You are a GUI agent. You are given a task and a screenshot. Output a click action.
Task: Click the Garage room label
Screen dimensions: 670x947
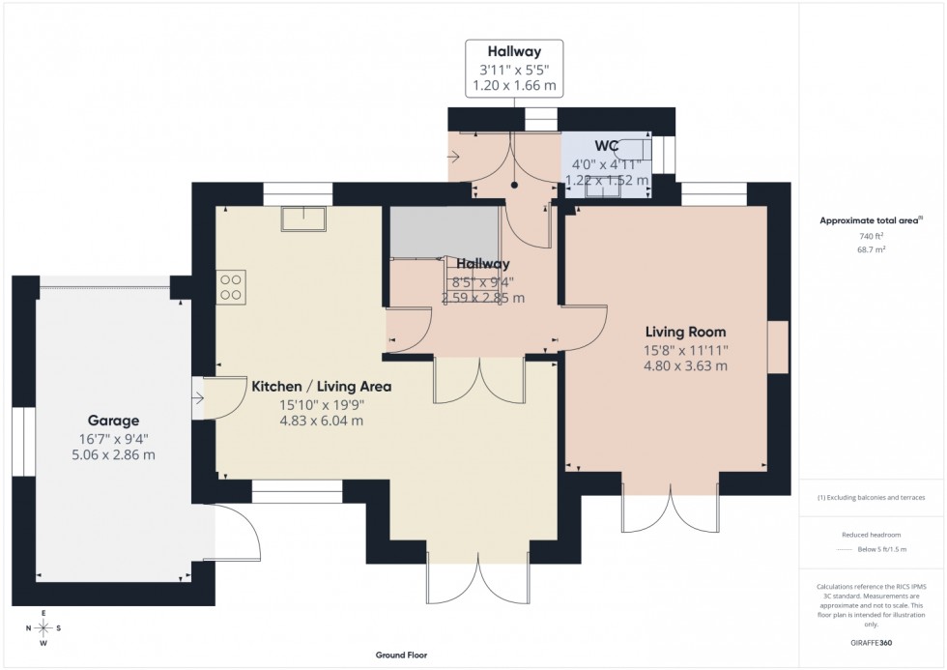[x=114, y=421]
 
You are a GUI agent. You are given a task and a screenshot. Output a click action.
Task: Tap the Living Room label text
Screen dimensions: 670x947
[x=686, y=332]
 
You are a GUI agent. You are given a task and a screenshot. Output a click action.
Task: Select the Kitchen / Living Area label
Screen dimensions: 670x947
[x=322, y=386]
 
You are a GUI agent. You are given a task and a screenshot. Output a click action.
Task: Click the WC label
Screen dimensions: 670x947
[x=606, y=146]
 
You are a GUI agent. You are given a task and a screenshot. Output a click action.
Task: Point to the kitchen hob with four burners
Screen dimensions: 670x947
[x=232, y=287]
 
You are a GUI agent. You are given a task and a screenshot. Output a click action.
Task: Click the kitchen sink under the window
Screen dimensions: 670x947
[x=303, y=218]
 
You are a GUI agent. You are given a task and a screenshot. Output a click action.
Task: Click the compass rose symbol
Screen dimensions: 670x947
[x=43, y=627]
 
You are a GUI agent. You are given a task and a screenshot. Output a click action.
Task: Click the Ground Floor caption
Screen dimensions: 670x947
[x=401, y=655]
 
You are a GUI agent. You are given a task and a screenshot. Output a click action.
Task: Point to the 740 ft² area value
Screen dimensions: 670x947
[x=872, y=236]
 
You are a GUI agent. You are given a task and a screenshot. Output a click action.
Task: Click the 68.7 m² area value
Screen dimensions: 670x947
[x=872, y=248]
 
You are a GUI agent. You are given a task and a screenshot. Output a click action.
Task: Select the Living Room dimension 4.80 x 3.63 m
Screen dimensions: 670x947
[x=686, y=365]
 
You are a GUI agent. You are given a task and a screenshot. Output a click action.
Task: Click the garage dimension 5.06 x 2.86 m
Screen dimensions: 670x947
[x=114, y=454]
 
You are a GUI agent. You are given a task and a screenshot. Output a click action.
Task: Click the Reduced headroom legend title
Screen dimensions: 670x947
[x=871, y=535]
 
